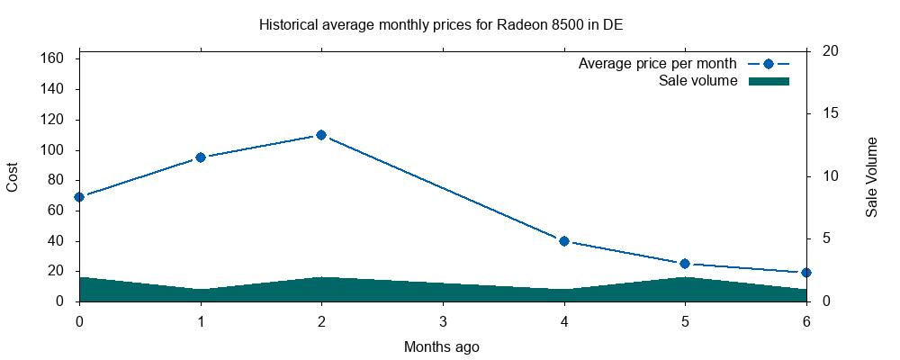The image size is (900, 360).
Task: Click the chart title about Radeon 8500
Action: tap(441, 24)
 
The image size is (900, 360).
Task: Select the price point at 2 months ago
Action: tap(320, 135)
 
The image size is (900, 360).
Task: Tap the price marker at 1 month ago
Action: tap(201, 157)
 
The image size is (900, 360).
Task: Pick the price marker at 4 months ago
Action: tap(564, 241)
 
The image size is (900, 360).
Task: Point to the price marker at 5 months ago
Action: tap(685, 264)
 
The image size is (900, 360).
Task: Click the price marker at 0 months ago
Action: tap(79, 196)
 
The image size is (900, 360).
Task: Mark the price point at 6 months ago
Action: tap(805, 272)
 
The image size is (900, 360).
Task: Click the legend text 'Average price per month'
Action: tap(658, 64)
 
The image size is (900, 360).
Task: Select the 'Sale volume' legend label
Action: tap(698, 81)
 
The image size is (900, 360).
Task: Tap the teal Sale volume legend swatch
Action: tap(769, 81)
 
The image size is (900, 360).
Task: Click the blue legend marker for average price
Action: tap(768, 64)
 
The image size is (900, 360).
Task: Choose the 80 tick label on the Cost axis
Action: tap(55, 180)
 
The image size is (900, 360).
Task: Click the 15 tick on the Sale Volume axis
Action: tap(820, 113)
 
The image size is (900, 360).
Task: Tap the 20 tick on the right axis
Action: tap(820, 51)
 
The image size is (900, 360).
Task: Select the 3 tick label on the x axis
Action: tap(443, 321)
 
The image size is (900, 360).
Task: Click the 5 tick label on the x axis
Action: tap(685, 321)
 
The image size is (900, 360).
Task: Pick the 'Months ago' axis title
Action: tap(442, 346)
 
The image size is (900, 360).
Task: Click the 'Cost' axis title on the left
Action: tap(13, 177)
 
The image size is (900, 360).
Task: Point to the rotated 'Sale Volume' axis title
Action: tap(871, 177)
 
